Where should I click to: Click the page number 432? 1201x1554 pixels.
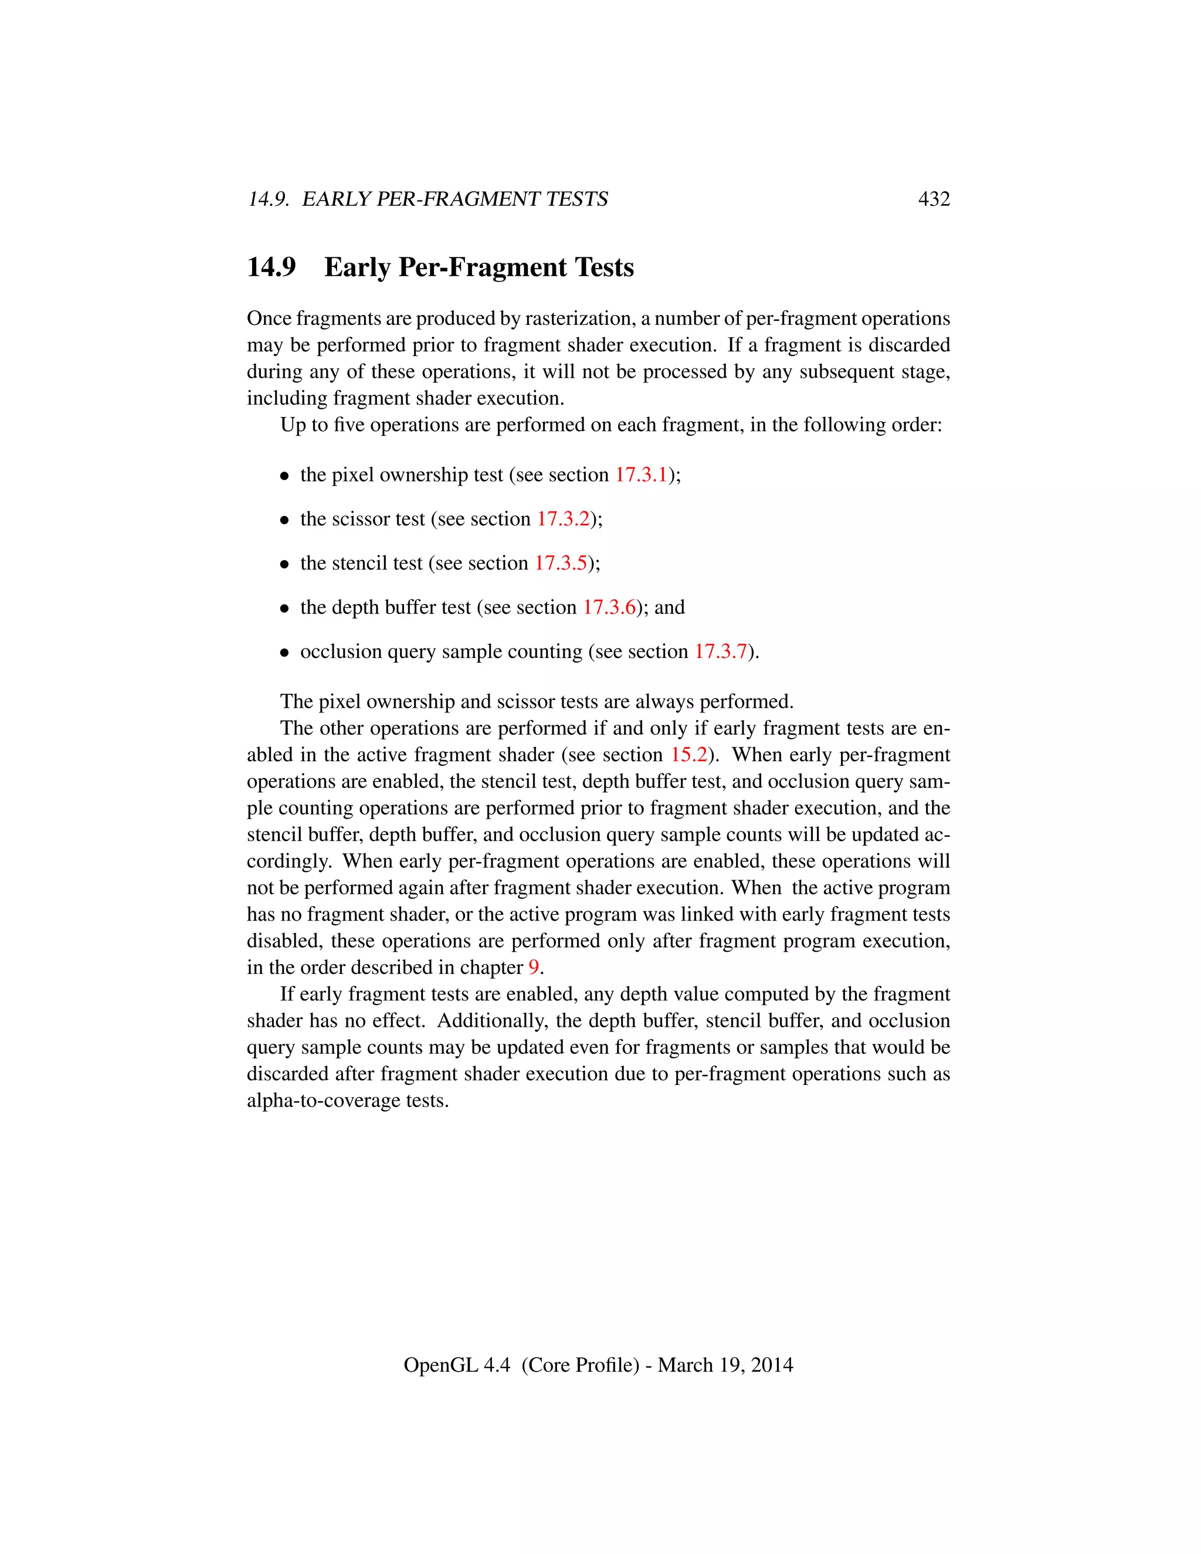click(934, 199)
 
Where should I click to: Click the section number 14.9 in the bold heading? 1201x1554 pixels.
click(271, 267)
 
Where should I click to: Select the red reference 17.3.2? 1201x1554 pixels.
click(563, 519)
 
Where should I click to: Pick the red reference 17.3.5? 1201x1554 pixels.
click(561, 563)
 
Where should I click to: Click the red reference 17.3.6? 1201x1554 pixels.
click(609, 607)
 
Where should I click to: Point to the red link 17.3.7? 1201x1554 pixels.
click(721, 651)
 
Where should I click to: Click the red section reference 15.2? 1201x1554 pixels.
click(688, 754)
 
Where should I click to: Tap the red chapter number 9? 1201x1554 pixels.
click(534, 967)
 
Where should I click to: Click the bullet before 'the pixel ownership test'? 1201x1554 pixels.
click(284, 476)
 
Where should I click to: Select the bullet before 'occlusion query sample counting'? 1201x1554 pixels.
click(284, 653)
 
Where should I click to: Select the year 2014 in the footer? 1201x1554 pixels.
click(771, 1365)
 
